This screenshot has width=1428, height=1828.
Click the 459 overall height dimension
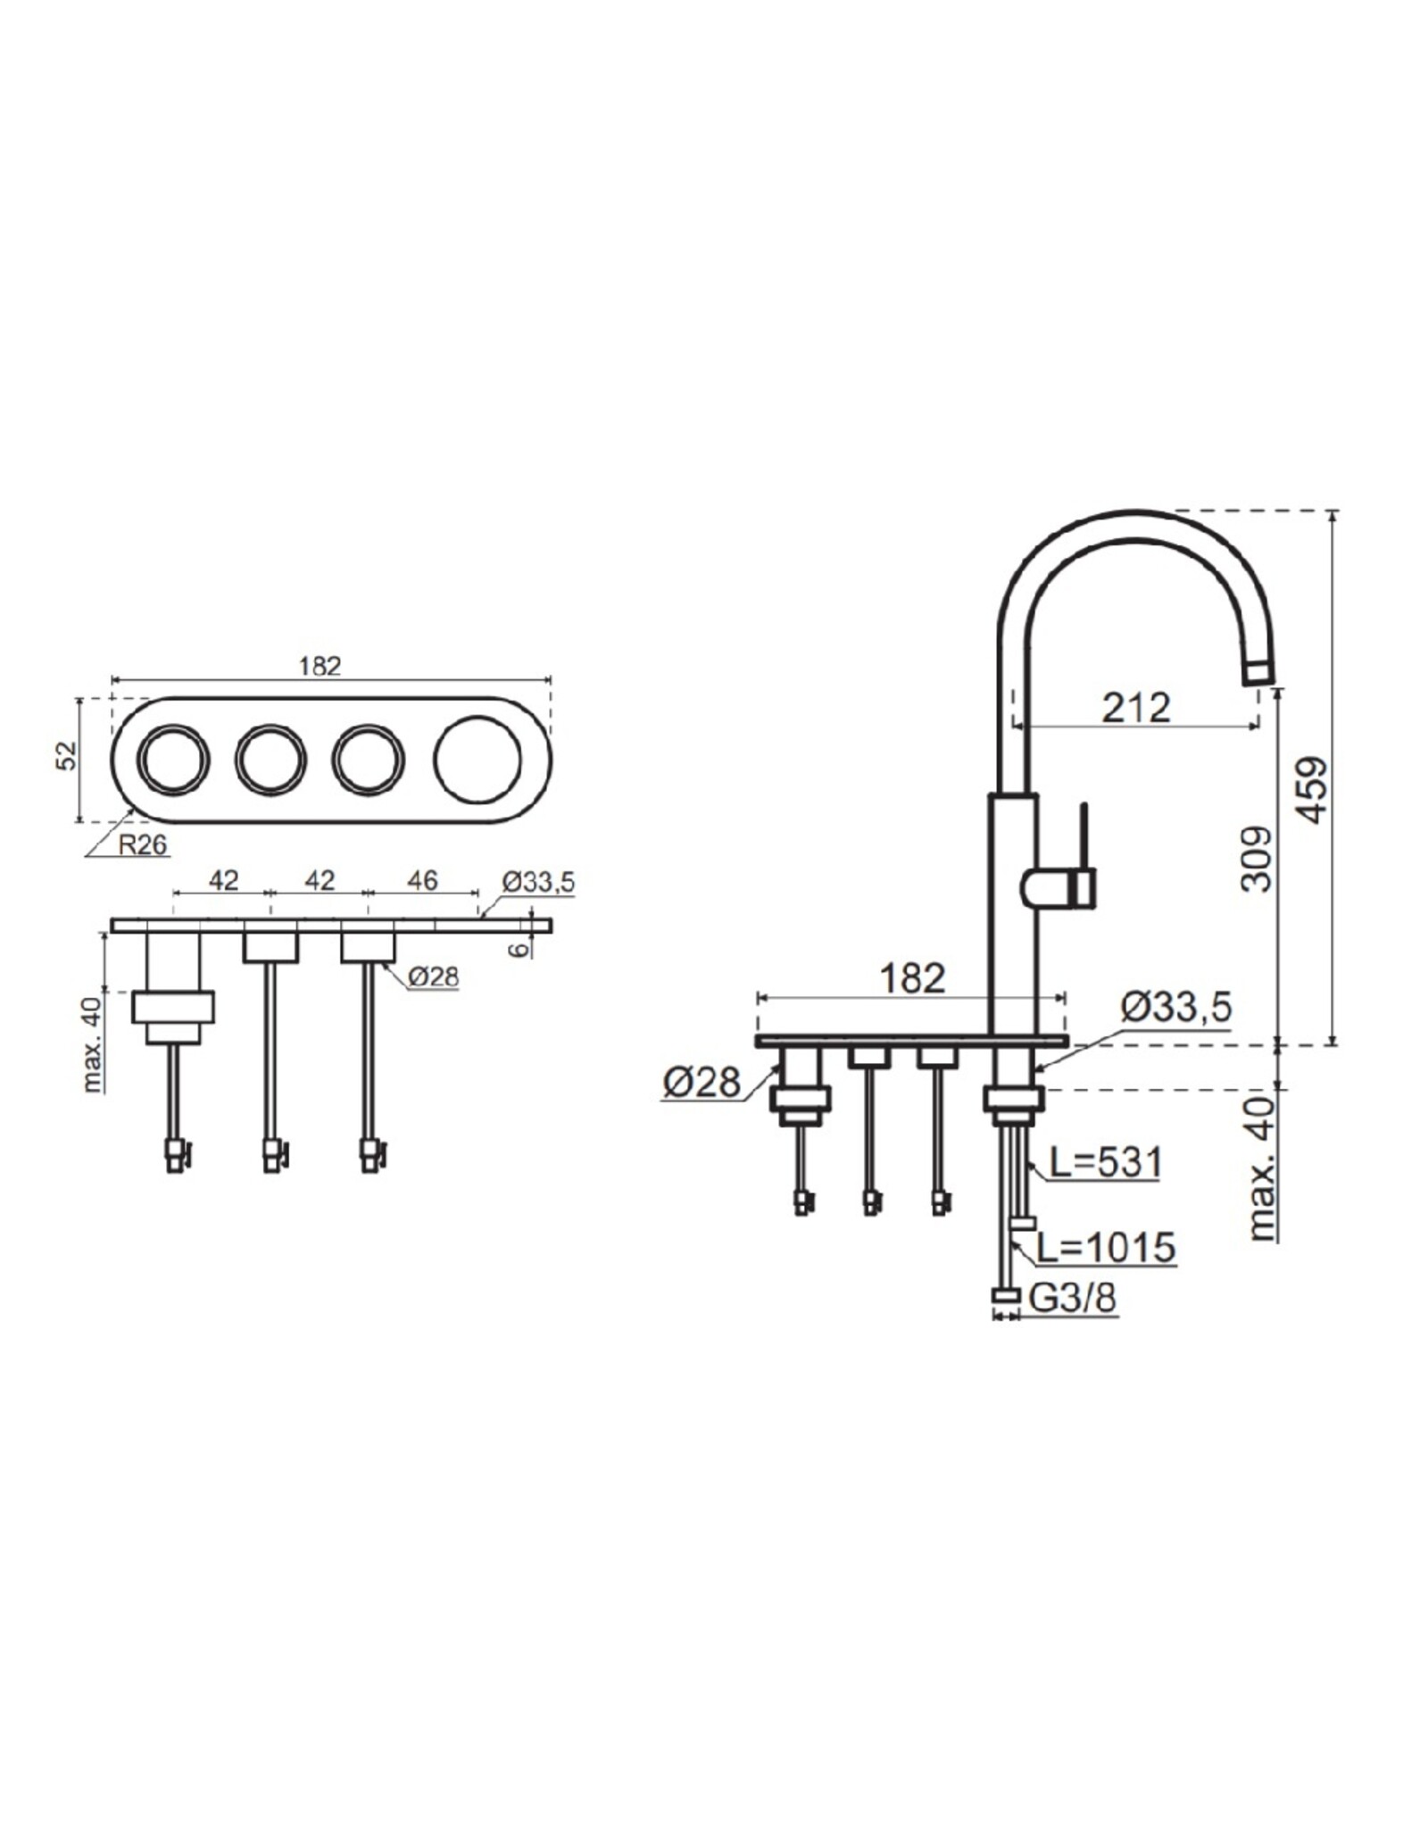[x=1310, y=791]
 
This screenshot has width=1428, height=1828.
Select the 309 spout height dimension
[x=1257, y=859]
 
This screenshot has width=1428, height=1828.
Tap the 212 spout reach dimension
[x=1135, y=709]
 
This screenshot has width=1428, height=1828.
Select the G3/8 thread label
[x=1072, y=1300]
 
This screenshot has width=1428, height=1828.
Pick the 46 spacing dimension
[x=421, y=881]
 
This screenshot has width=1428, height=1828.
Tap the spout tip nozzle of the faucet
[x=1258, y=672]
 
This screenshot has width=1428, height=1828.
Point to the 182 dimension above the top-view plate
[x=320, y=666]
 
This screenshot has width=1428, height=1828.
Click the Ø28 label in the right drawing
[x=702, y=1083]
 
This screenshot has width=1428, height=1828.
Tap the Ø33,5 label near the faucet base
[x=1175, y=1007]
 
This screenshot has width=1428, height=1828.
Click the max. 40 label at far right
[x=1259, y=1170]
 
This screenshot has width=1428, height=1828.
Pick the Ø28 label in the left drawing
[x=433, y=977]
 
